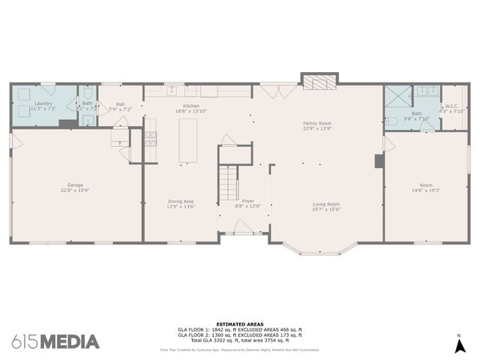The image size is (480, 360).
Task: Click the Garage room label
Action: (x=75, y=185)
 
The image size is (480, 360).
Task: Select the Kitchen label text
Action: (x=191, y=106)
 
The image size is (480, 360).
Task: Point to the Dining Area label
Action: (x=181, y=201)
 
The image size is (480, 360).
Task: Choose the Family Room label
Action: (x=317, y=123)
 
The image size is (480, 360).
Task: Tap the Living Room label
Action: (x=326, y=204)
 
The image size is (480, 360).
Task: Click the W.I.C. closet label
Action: (x=451, y=106)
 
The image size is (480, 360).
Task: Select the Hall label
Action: (x=120, y=105)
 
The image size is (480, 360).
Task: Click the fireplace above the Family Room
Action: (x=319, y=80)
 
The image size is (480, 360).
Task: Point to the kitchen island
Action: (x=188, y=139)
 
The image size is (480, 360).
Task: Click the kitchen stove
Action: (x=150, y=138)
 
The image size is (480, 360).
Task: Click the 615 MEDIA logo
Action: (x=56, y=341)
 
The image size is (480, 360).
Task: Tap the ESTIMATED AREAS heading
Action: (x=239, y=324)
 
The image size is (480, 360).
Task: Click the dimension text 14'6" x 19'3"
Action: (x=426, y=190)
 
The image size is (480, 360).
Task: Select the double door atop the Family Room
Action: (x=271, y=91)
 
